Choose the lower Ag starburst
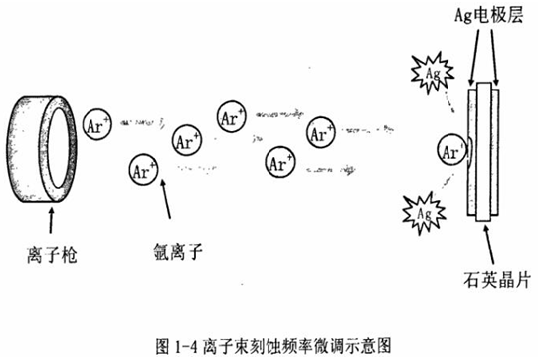click(x=418, y=213)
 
